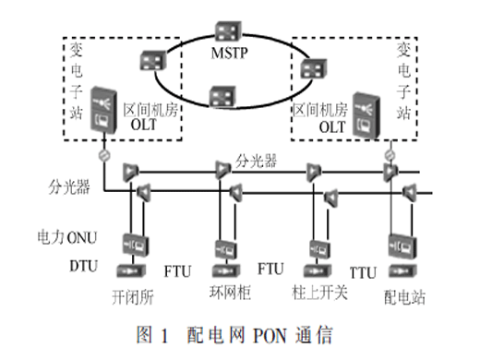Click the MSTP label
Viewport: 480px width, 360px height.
coord(229,53)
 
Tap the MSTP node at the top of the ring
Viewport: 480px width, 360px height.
coord(228,31)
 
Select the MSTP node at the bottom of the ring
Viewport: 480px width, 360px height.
coord(222,96)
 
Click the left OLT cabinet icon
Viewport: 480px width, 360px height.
coord(104,110)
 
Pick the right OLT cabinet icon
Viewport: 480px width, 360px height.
coord(366,115)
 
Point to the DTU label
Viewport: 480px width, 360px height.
coord(84,266)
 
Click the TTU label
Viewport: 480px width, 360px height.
coord(363,273)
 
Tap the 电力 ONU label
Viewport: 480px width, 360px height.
coord(67,237)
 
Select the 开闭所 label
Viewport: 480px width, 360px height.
coord(133,297)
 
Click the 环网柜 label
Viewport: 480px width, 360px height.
coord(230,293)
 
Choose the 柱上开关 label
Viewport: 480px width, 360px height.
coord(320,293)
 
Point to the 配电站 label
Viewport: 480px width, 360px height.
coord(404,297)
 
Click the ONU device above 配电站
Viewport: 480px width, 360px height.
coord(402,246)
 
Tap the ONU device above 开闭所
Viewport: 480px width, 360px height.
coord(136,245)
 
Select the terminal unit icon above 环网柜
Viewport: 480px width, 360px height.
coord(226,271)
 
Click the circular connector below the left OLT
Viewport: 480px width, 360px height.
coord(103,155)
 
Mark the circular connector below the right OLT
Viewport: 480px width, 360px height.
coord(390,155)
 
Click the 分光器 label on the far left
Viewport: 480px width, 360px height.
coord(69,187)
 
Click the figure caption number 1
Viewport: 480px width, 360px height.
coord(164,336)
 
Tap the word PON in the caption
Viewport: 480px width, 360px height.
coord(270,335)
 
